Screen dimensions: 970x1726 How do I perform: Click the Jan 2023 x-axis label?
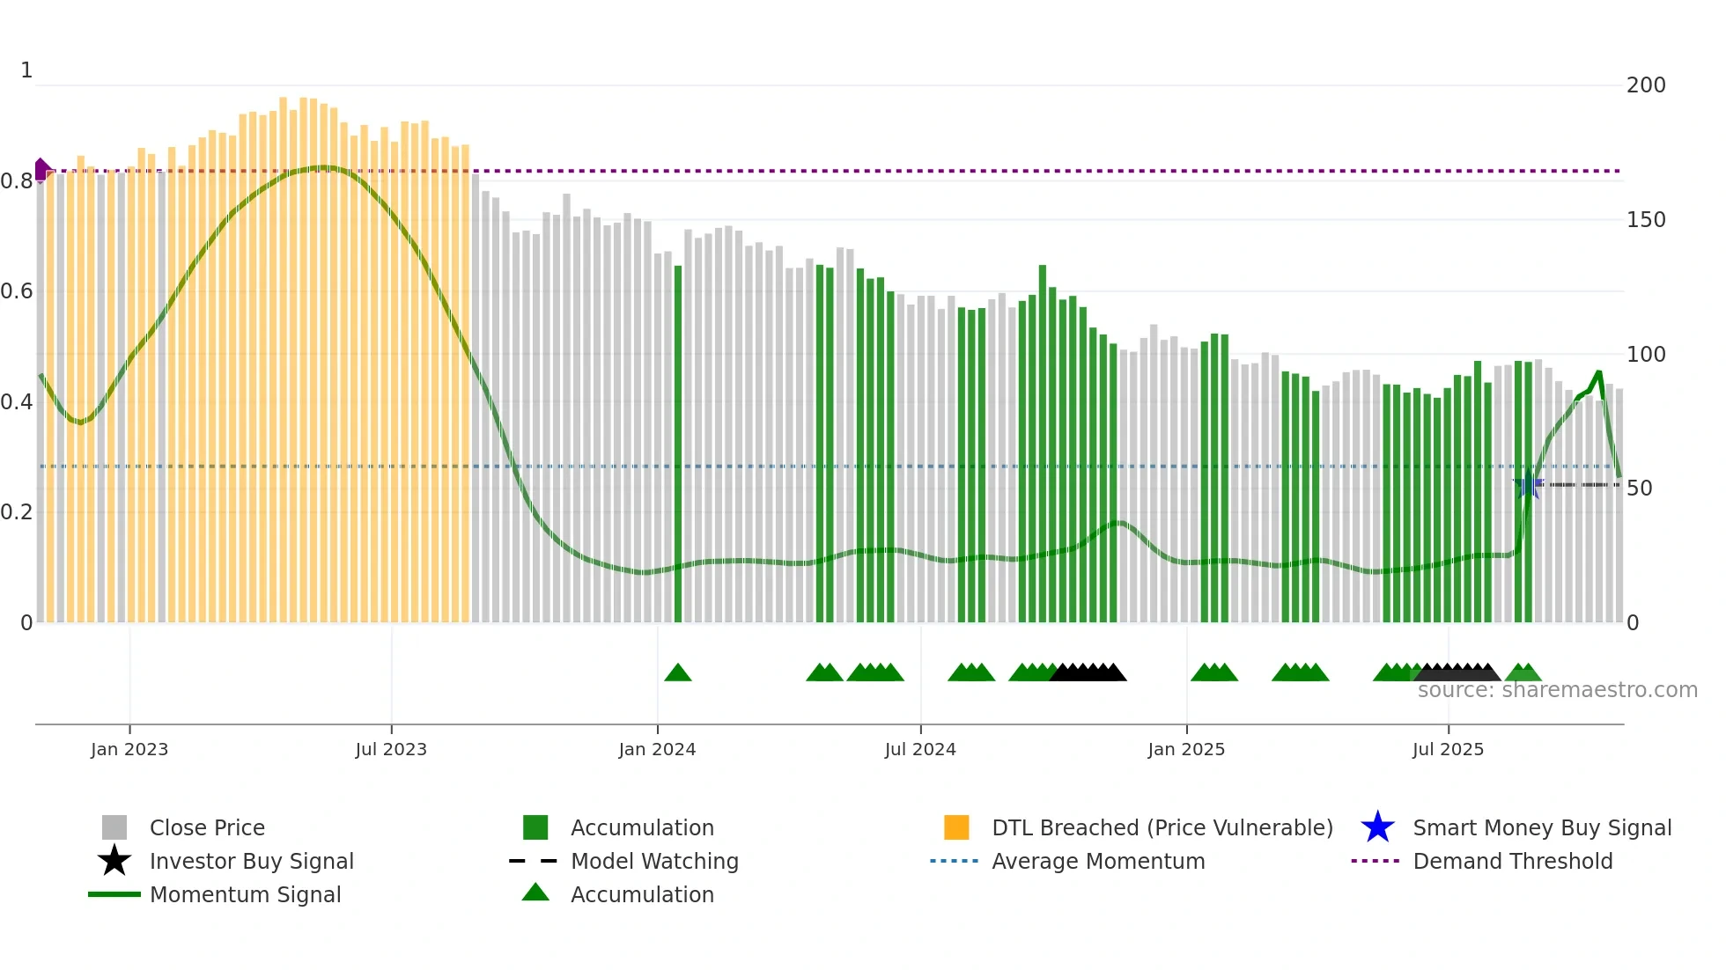click(129, 749)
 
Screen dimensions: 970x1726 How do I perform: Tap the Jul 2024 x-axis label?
click(919, 749)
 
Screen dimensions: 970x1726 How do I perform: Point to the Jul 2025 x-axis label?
click(1448, 749)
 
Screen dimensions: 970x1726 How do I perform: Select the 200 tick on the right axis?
click(1645, 85)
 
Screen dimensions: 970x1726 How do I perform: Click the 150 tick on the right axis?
click(1645, 220)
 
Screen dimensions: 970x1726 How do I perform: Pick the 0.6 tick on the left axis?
click(17, 291)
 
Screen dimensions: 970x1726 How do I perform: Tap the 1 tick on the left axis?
click(26, 70)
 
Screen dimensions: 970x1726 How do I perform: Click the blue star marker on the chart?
click(1529, 485)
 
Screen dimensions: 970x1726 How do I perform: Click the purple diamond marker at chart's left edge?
click(41, 170)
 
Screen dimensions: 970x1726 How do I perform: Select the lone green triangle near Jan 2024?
click(677, 673)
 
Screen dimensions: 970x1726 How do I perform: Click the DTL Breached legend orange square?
click(956, 827)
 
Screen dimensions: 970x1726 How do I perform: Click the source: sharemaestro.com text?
click(1557, 690)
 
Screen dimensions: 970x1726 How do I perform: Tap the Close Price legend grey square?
click(114, 827)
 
